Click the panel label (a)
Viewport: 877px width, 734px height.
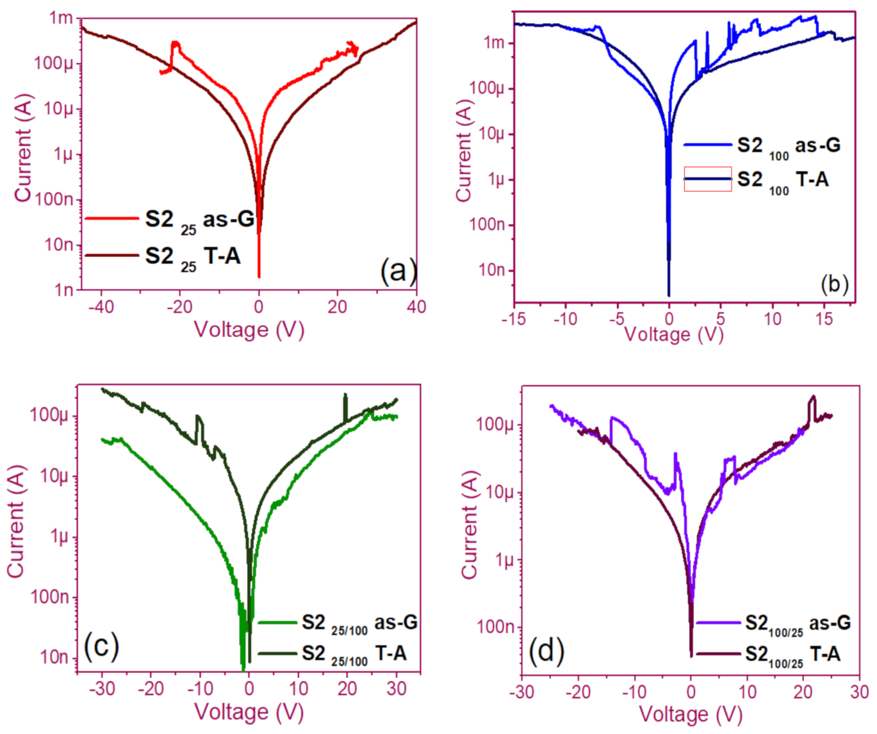pyautogui.click(x=398, y=271)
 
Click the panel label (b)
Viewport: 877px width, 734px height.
pyautogui.click(x=834, y=283)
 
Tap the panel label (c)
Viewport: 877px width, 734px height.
pyautogui.click(x=101, y=646)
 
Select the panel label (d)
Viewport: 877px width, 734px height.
pyautogui.click(x=546, y=651)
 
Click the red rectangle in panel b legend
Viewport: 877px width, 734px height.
pyautogui.click(x=708, y=179)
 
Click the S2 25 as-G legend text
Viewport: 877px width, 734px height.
pyautogui.click(x=199, y=220)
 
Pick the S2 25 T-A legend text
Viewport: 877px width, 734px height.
pyautogui.click(x=192, y=257)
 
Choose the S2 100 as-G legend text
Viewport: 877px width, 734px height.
pyautogui.click(x=788, y=146)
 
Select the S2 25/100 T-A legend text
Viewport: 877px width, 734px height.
pyautogui.click(x=354, y=654)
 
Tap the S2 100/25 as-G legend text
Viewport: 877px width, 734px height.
pyautogui.click(x=798, y=623)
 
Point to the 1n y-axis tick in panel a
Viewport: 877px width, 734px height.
pyautogui.click(x=63, y=290)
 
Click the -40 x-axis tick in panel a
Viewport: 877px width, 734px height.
pyautogui.click(x=101, y=307)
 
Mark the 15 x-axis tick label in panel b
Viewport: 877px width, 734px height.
pyautogui.click(x=824, y=318)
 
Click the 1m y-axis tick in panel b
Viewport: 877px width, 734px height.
pyautogui.click(x=495, y=43)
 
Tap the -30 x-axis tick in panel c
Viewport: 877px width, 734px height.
pyautogui.click(x=101, y=689)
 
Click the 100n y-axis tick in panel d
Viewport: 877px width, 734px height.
pyautogui.click(x=495, y=626)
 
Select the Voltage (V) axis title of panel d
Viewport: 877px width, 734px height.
pyautogui.click(x=691, y=714)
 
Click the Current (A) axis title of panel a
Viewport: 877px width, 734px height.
pyautogui.click(x=23, y=154)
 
